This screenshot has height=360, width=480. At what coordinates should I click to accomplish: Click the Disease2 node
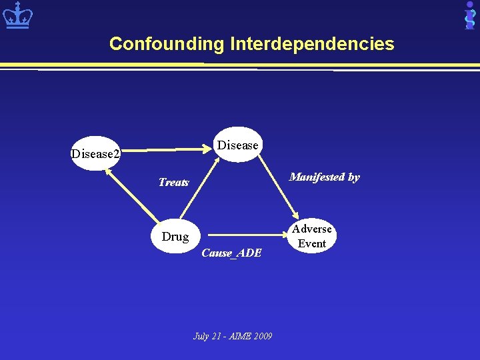tap(95, 154)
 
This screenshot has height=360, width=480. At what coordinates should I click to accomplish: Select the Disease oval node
tap(238, 145)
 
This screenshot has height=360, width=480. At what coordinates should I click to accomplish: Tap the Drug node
tap(175, 236)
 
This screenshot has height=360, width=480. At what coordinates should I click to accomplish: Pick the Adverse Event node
tap(311, 236)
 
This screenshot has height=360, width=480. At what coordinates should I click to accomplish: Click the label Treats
tap(173, 182)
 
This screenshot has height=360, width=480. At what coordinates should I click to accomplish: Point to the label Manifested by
tap(324, 177)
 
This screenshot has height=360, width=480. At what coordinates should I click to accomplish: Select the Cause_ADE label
tap(231, 253)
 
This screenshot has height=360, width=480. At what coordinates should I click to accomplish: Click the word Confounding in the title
tap(167, 44)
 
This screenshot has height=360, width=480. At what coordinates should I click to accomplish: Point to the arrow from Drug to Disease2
tap(132, 197)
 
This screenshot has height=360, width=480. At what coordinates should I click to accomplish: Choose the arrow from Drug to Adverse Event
tap(247, 235)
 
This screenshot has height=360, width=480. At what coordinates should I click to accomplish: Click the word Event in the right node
tap(311, 243)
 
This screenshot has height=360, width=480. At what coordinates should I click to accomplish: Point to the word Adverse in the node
tap(311, 229)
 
